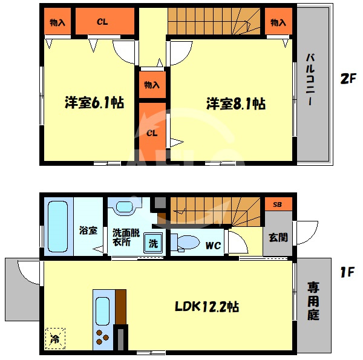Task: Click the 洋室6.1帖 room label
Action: click(94, 102)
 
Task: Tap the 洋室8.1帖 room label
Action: click(236, 103)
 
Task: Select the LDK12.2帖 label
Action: click(207, 307)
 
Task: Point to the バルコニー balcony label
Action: click(310, 80)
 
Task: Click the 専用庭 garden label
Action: click(313, 301)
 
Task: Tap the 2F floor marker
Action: click(348, 79)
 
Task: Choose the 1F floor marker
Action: click(347, 272)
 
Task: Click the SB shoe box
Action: click(278, 204)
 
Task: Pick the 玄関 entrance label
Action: click(278, 238)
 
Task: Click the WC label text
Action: click(213, 246)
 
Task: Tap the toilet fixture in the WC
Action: click(185, 243)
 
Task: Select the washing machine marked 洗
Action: click(153, 243)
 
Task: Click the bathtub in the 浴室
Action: click(57, 226)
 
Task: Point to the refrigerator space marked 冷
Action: click(55, 338)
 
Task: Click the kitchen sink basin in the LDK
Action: click(102, 311)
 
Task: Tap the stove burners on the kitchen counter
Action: click(102, 338)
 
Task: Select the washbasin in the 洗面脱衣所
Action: click(125, 206)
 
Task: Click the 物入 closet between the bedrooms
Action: click(152, 85)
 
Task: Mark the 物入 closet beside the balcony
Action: click(278, 21)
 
